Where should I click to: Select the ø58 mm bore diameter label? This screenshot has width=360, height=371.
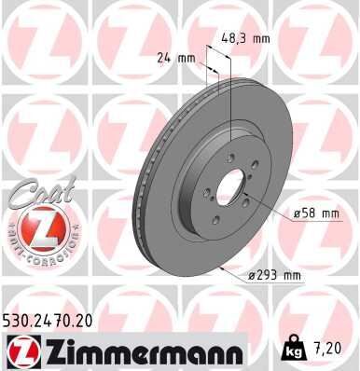(x=315, y=213)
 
